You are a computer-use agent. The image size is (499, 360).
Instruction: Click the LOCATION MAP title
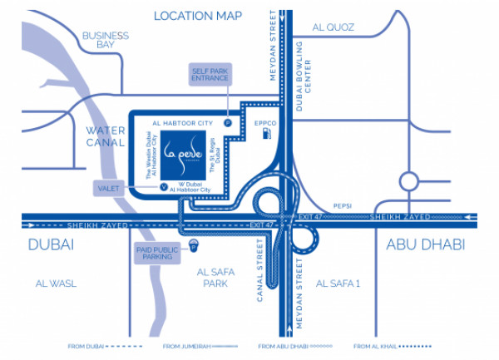click(x=198, y=16)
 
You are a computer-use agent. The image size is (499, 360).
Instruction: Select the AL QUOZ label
click(x=333, y=27)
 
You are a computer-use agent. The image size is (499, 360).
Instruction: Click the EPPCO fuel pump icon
click(x=266, y=138)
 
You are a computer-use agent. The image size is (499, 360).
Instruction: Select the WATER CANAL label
click(x=106, y=136)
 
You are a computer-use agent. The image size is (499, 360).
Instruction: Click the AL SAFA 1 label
click(x=338, y=284)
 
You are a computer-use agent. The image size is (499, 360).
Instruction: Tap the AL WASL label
click(x=56, y=284)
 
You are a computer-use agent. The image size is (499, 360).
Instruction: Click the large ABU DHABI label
click(x=425, y=244)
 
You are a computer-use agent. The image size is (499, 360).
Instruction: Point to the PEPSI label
click(x=343, y=204)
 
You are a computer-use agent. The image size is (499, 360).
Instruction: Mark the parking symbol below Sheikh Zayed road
click(x=195, y=245)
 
